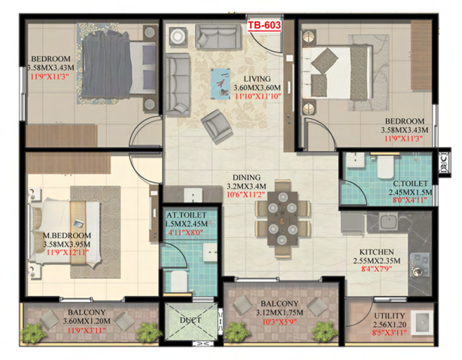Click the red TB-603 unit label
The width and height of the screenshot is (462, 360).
264,26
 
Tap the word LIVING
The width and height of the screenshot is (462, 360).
257,79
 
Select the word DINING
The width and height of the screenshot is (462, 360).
247,178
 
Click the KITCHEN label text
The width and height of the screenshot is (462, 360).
376,252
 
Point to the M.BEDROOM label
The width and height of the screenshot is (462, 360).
67,236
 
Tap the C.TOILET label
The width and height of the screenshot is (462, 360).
410,184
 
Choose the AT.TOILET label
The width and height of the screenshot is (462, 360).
187,215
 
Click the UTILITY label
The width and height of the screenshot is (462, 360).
390,316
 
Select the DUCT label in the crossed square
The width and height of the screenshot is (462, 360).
190,320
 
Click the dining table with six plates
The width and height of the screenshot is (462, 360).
282,218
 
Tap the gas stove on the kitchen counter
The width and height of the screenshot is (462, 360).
419,265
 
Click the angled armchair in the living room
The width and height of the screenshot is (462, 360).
217,127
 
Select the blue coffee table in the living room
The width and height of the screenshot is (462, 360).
220,84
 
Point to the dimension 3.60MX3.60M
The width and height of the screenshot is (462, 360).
257,88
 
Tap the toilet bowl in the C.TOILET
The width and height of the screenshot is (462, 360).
386,167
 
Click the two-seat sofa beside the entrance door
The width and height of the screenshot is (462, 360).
218,36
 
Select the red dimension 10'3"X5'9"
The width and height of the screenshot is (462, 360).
279,322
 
